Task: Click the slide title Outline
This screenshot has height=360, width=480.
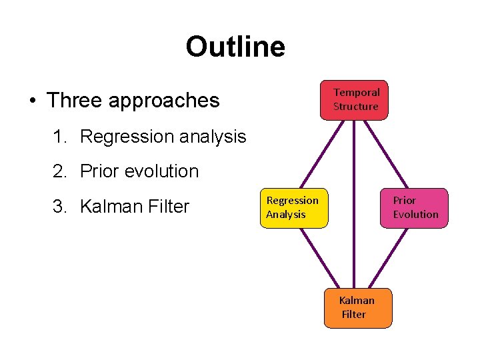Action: click(235, 47)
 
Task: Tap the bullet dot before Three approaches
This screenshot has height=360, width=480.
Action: click(32, 101)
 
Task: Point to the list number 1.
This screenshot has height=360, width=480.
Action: click(60, 137)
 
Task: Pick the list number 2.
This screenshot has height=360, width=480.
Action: click(60, 171)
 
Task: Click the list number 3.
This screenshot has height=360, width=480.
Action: click(60, 207)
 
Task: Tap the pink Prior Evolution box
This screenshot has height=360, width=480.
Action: click(414, 207)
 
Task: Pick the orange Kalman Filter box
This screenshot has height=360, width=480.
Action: click(357, 307)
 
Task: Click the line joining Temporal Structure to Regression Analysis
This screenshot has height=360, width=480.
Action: click(323, 154)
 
